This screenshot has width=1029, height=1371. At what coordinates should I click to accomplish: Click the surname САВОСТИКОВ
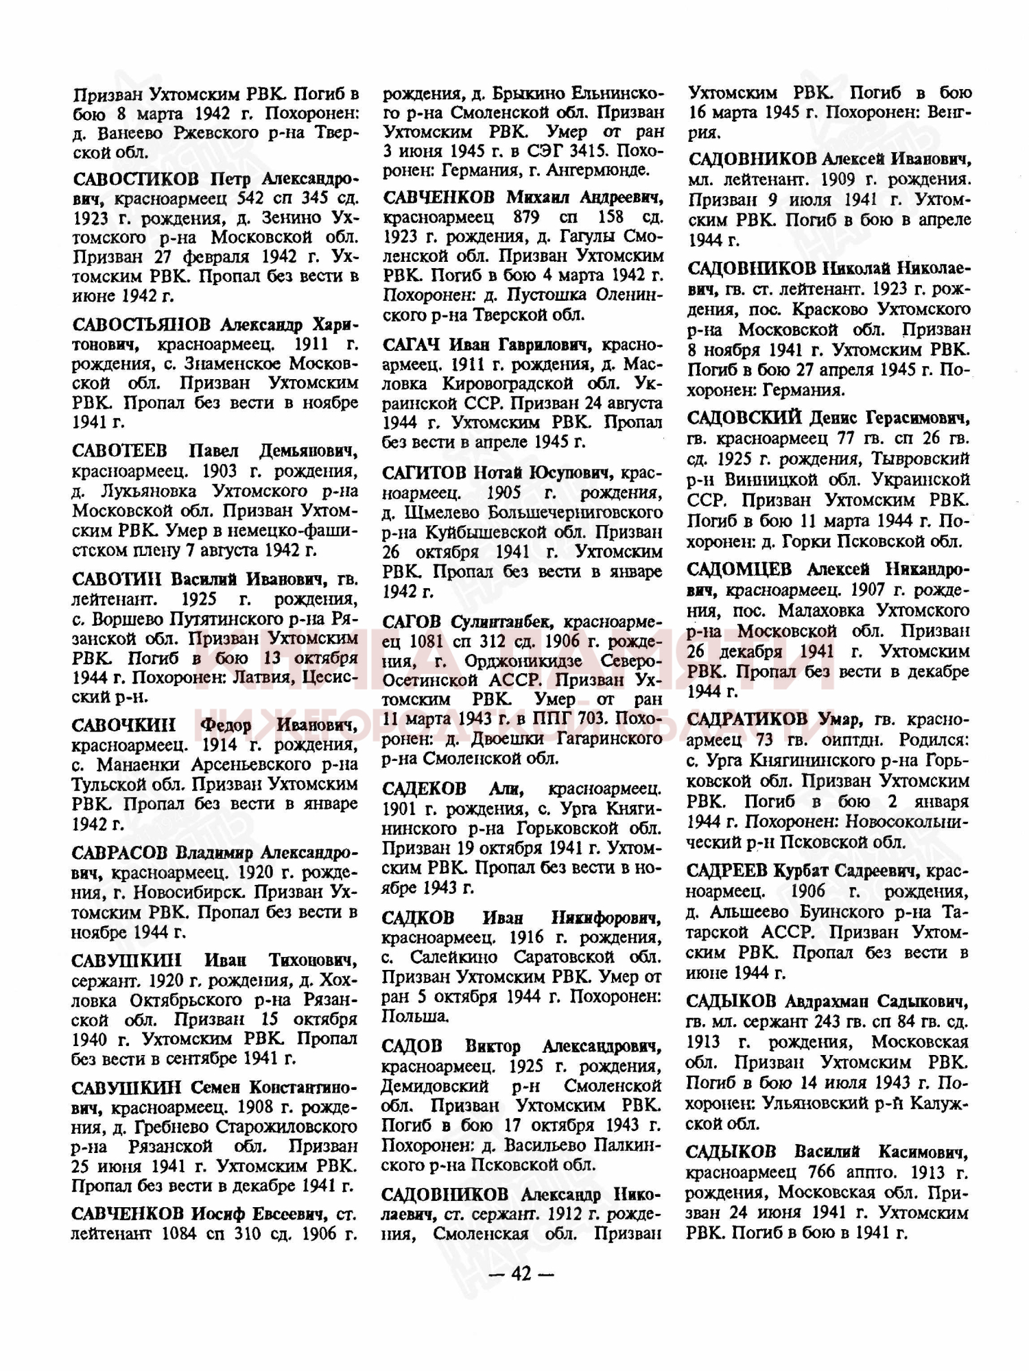coord(135,180)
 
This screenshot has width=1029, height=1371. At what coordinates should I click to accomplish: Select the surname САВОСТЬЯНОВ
coord(141,324)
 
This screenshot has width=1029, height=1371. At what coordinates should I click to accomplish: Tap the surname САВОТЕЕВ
coord(119,451)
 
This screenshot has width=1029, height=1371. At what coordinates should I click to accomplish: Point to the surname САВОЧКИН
coord(123,725)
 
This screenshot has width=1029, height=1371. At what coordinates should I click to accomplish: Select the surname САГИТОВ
coord(425,473)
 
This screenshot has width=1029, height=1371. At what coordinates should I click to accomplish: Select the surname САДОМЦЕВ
coord(739,569)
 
